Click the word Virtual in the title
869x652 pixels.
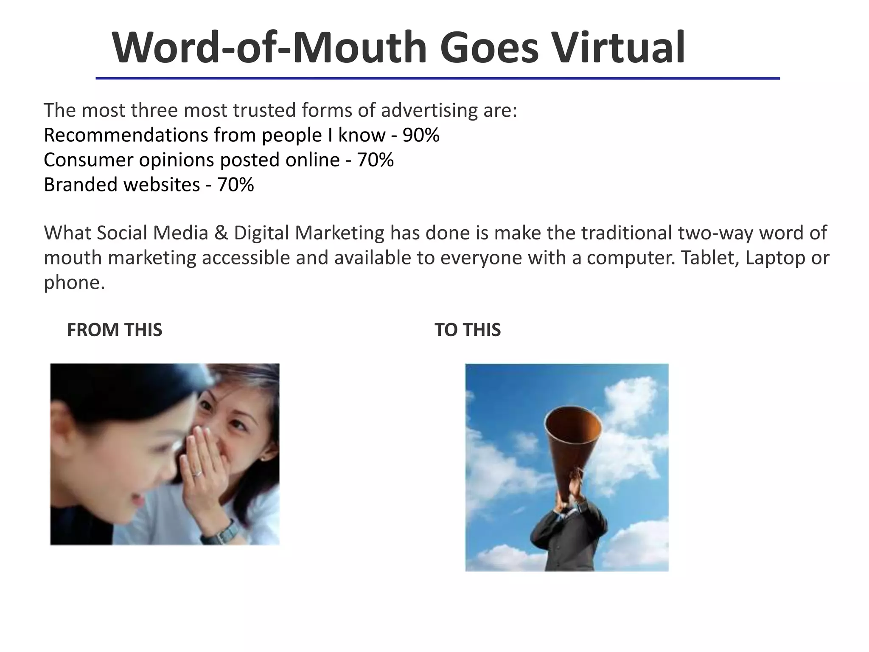coord(617,48)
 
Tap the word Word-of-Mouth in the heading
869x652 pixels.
coord(269,48)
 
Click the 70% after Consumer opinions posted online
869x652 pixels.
coord(375,160)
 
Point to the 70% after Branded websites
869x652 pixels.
coord(235,185)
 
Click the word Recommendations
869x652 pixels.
coord(126,135)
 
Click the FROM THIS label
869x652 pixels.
coord(115,330)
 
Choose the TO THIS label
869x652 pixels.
coord(468,330)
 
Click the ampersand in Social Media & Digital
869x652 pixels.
coord(221,233)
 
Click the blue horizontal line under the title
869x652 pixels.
coord(437,79)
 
